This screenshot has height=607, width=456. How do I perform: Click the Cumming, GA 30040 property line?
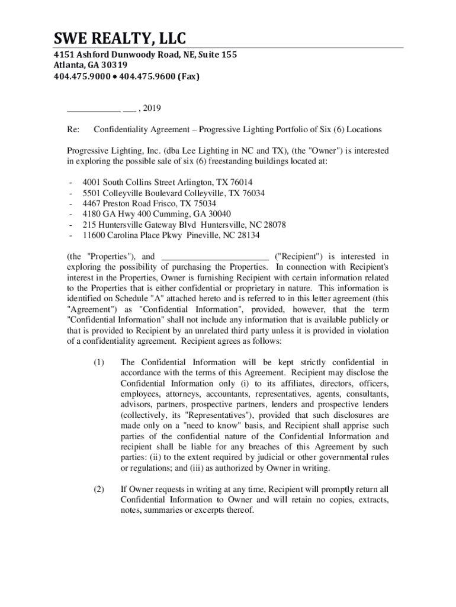pos(156,215)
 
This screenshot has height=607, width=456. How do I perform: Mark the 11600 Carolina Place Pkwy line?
pos(171,236)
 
